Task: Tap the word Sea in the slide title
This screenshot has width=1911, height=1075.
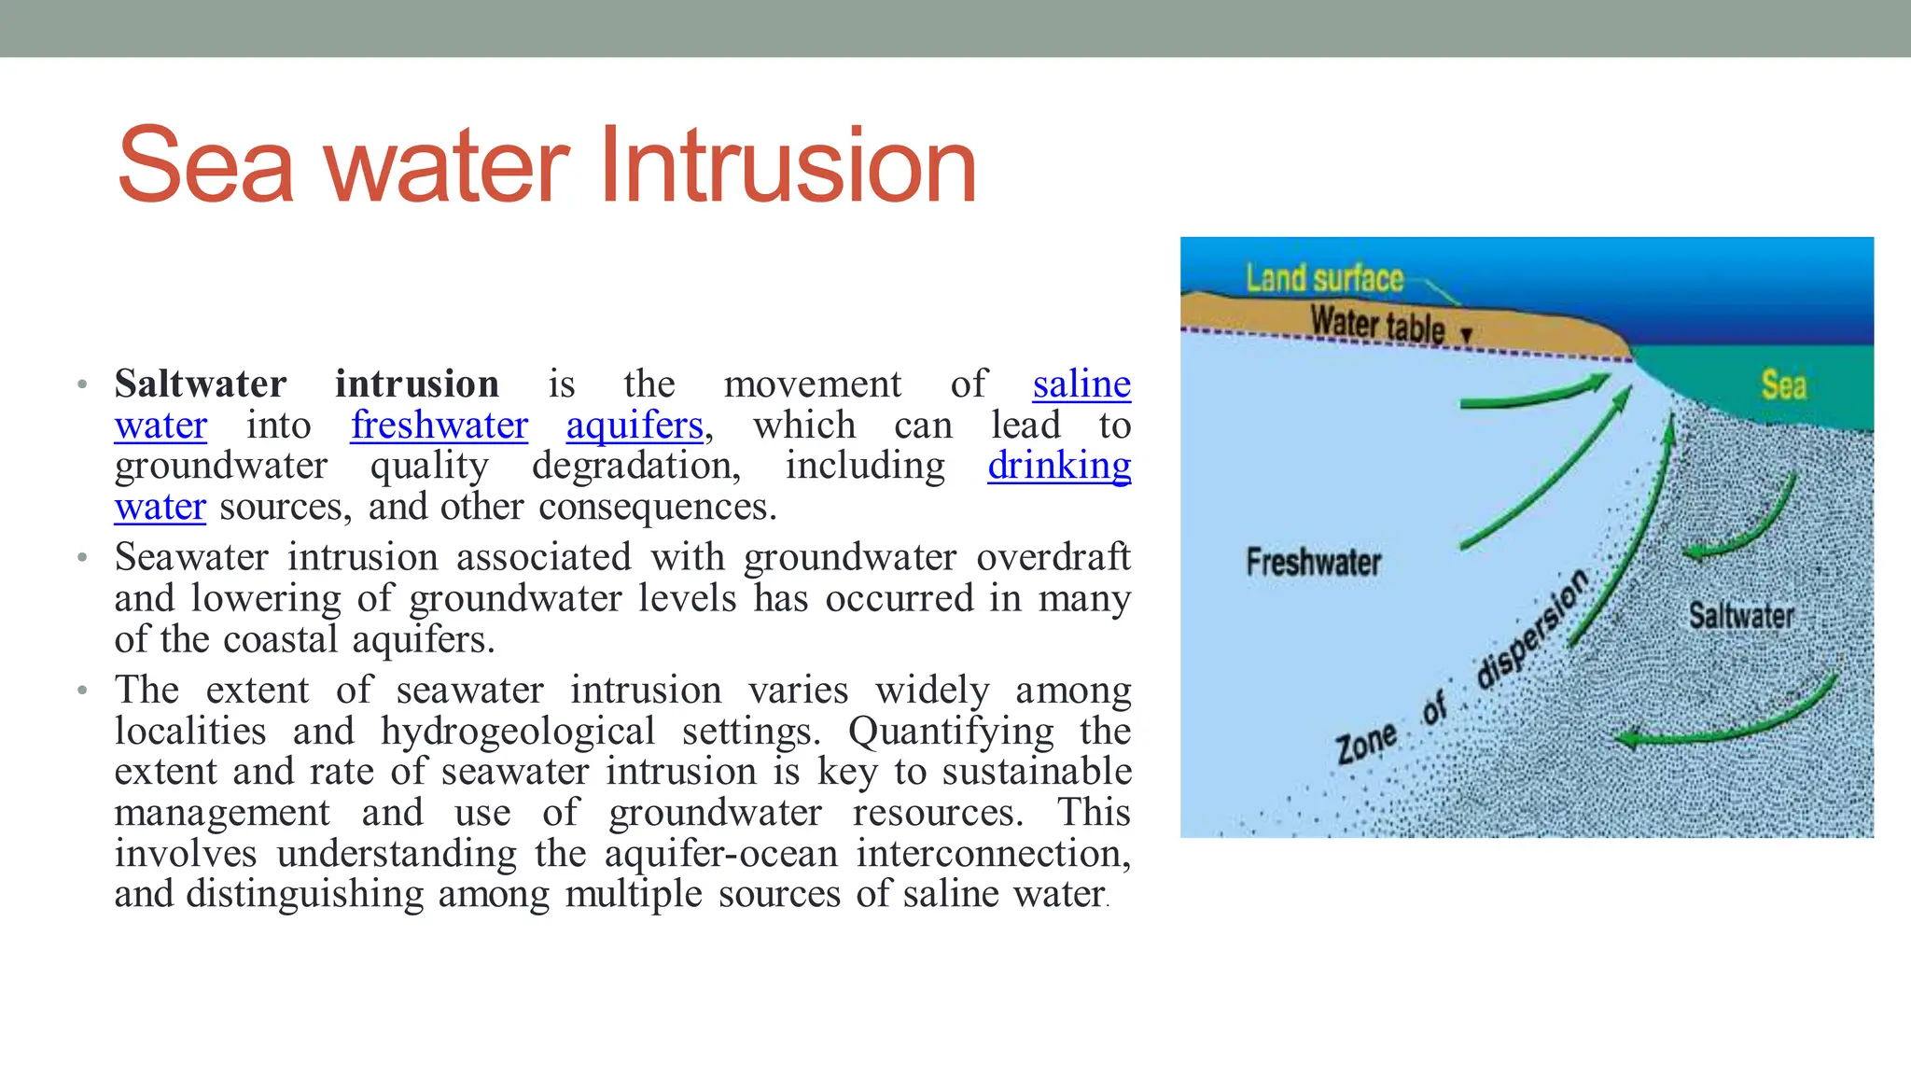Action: click(206, 168)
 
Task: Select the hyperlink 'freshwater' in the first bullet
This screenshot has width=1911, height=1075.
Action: click(439, 426)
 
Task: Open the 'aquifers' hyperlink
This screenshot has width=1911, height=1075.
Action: click(635, 426)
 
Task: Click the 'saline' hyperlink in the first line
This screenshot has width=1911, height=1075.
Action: click(1081, 384)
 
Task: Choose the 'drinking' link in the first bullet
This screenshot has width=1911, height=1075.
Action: click(1059, 466)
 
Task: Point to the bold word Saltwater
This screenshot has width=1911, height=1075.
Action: click(200, 384)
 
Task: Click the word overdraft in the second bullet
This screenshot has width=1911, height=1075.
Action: click(1053, 557)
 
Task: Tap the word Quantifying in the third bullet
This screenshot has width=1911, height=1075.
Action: click(951, 732)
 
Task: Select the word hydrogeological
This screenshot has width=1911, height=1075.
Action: click(518, 732)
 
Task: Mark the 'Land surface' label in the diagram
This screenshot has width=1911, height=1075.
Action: click(1324, 278)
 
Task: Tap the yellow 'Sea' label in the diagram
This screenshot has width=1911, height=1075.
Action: click(1783, 384)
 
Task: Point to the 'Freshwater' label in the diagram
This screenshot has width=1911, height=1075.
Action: click(1313, 562)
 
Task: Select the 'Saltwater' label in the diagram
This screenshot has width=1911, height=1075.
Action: click(1741, 616)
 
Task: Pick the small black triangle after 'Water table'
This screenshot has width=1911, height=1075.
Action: click(1466, 335)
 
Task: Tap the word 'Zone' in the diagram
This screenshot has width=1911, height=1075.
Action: click(1366, 745)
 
